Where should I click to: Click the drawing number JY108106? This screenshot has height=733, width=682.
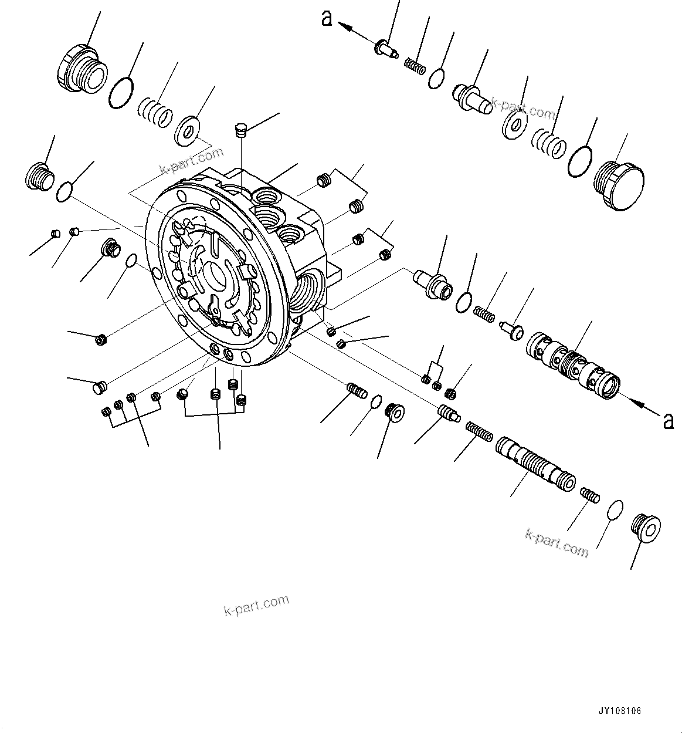pos(620,711)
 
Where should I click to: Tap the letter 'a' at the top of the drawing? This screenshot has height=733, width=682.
pos(327,18)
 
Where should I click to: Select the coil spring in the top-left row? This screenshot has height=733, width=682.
pos(156,112)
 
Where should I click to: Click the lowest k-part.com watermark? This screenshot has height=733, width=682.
pos(256,605)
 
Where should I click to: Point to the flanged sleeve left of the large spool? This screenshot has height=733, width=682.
pos(433,283)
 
